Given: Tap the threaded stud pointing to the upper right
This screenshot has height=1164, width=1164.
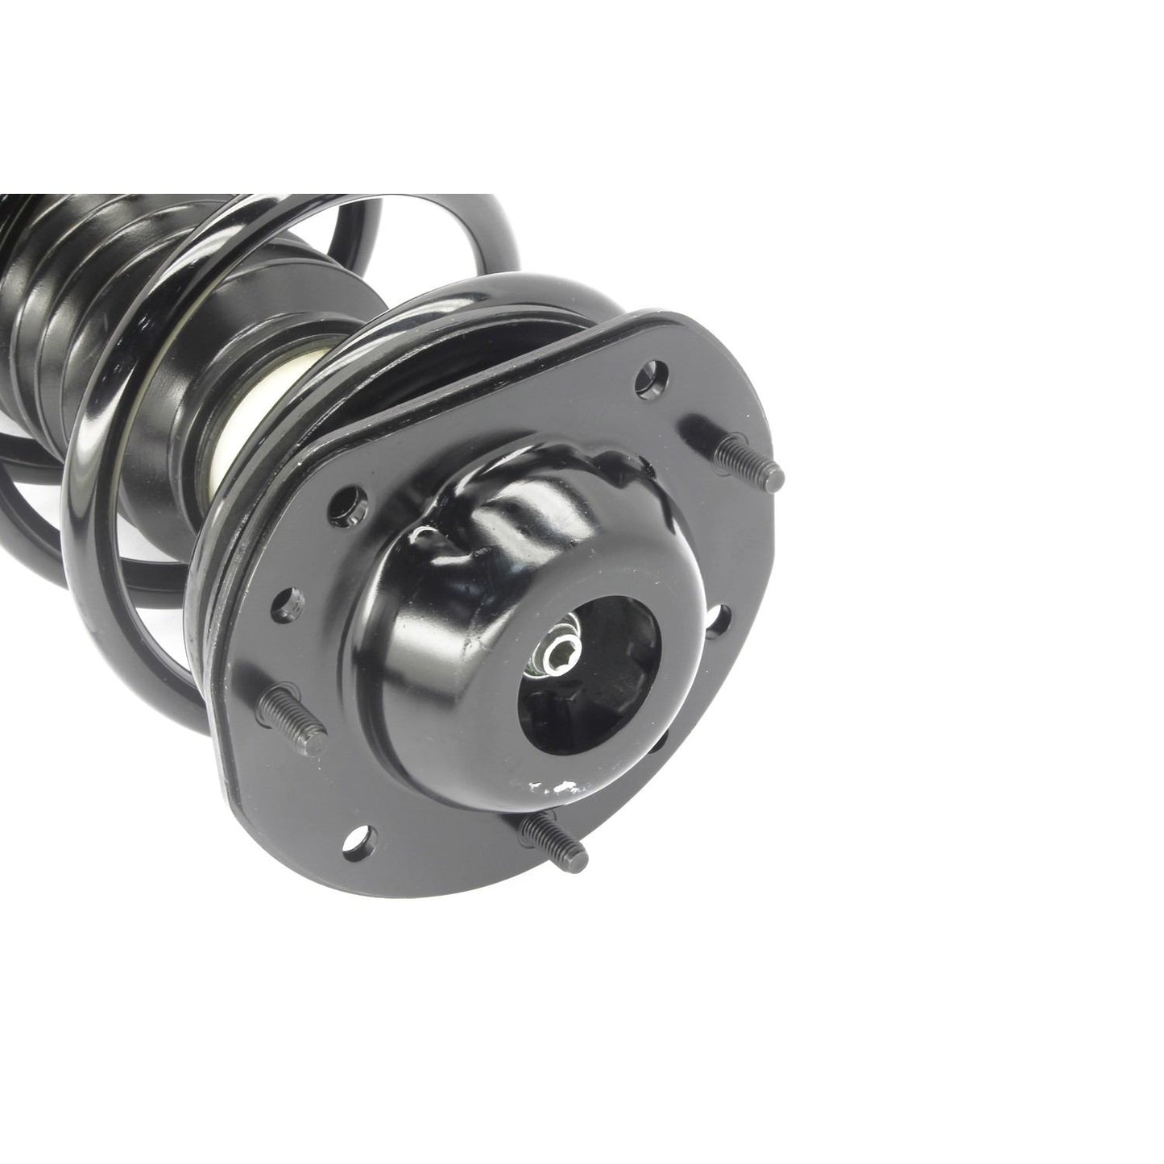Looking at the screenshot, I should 750,458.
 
